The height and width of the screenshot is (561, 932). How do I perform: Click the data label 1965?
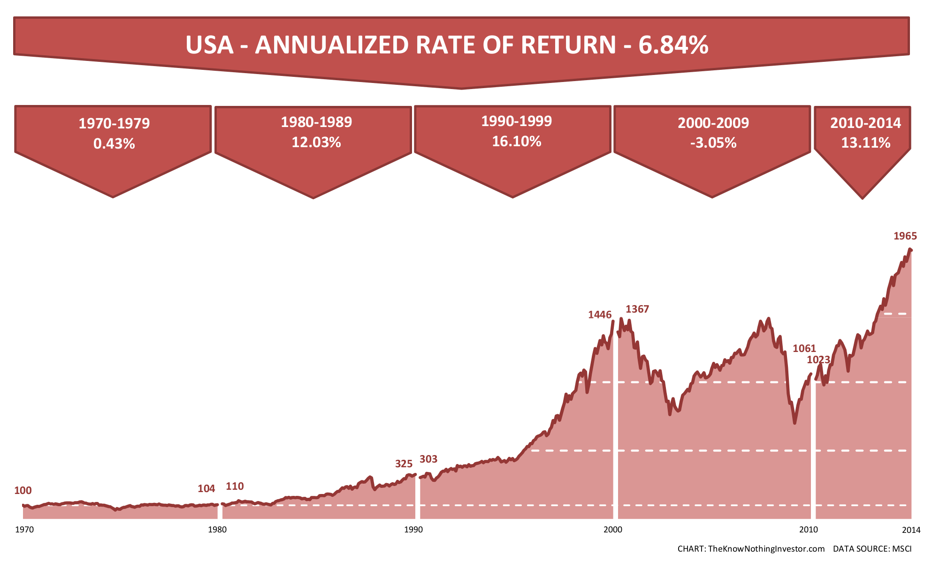tap(905, 236)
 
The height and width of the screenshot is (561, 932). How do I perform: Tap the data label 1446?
tap(600, 315)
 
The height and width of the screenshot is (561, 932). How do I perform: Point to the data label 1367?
tap(637, 309)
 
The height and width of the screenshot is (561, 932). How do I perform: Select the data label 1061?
tap(804, 349)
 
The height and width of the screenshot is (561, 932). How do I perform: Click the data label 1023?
tap(818, 360)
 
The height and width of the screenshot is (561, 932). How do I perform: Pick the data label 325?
tap(404, 464)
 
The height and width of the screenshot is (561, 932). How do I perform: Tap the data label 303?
tap(428, 459)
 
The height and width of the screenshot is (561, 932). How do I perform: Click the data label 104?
tap(206, 489)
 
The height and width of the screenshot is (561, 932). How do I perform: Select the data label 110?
tap(235, 486)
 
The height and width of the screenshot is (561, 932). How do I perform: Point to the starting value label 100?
tap(23, 491)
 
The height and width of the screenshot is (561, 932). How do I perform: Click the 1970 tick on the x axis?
tap(24, 530)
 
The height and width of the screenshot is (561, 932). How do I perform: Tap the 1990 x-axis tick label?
tap(413, 530)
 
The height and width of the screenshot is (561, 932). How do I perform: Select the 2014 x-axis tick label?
tap(911, 530)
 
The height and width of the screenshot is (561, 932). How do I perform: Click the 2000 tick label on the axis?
tap(612, 530)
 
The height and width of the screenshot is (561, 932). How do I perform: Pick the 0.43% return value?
tap(114, 144)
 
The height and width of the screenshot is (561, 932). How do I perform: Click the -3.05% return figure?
tap(713, 143)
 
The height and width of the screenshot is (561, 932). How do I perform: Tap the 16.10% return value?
tap(516, 142)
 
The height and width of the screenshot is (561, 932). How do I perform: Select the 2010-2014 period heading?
tap(865, 123)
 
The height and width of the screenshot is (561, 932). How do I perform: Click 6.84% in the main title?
tap(673, 45)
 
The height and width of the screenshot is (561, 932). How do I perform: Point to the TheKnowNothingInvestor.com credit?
tap(766, 549)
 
